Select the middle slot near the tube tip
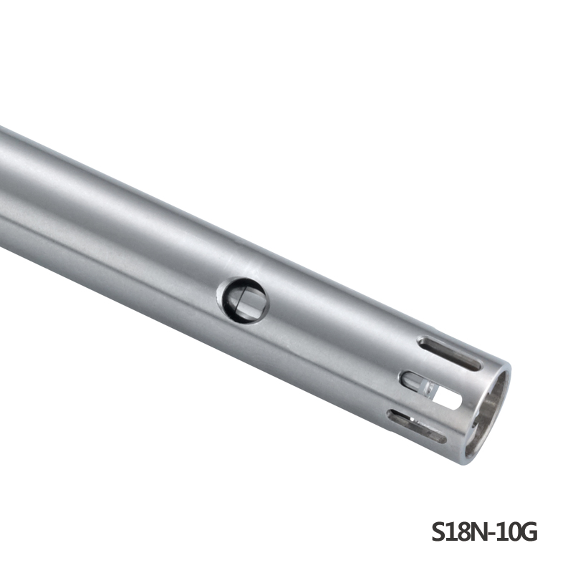[x=431, y=390]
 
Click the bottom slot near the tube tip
[x=417, y=426]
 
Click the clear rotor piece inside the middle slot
[x=427, y=387]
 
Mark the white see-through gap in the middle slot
[x=448, y=398]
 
